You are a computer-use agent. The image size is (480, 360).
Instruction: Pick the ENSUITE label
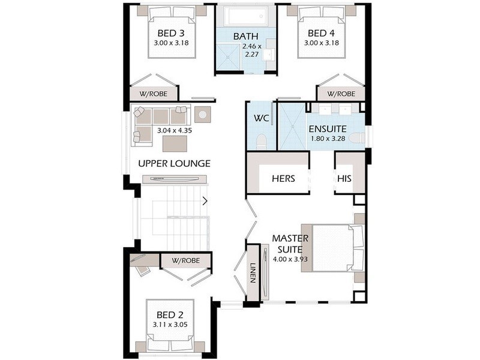pos(328,129)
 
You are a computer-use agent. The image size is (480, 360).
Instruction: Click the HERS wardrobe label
pos(283,179)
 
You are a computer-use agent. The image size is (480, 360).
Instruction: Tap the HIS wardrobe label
pos(343,179)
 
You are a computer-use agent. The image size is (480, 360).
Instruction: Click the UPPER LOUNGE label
pos(174,163)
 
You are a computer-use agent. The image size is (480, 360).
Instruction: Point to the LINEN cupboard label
pos(253,274)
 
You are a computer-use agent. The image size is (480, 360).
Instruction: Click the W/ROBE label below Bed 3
pos(154,94)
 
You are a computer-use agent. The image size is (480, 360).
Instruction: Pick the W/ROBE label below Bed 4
pos(340,94)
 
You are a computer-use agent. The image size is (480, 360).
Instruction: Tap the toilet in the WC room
pos(260,142)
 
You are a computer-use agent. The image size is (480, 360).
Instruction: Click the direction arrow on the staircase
pos(206,200)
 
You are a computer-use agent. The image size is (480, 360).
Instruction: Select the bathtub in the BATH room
pos(245,15)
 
